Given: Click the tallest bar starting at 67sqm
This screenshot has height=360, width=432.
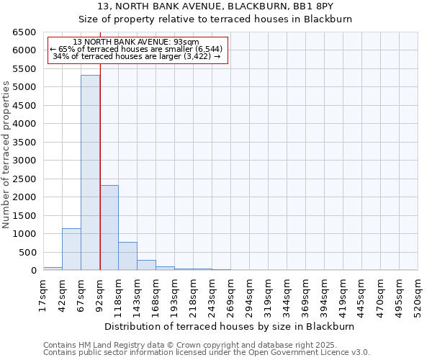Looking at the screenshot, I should coord(90,173).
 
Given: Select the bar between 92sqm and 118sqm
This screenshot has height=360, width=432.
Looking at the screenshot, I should coord(109,228).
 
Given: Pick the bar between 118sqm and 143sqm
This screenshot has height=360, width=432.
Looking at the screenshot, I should coord(127,256).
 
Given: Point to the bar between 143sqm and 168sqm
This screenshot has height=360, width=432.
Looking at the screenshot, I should coord(146,265).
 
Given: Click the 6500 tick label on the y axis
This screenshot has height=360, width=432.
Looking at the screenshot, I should coord(24,32).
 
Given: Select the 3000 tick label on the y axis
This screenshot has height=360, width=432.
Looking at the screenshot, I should coord(24,161).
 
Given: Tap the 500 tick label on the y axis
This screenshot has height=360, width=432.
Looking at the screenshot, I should coord(27,252).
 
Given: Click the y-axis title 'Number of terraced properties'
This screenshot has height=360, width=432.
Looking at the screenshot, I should coord(7,155).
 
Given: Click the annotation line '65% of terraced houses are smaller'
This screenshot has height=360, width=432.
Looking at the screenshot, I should coord(137,50).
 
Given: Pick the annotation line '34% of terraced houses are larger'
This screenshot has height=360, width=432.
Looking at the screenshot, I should coord(137,57).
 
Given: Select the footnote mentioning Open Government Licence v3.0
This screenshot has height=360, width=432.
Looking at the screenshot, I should coord(207,353).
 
